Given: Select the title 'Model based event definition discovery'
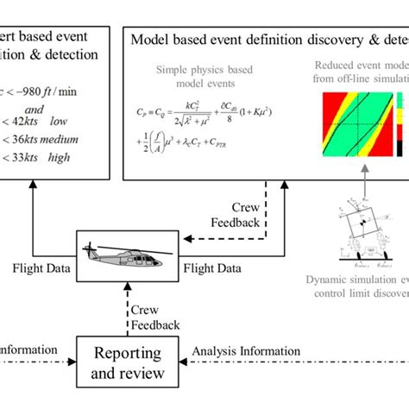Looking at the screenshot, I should (259, 40).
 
